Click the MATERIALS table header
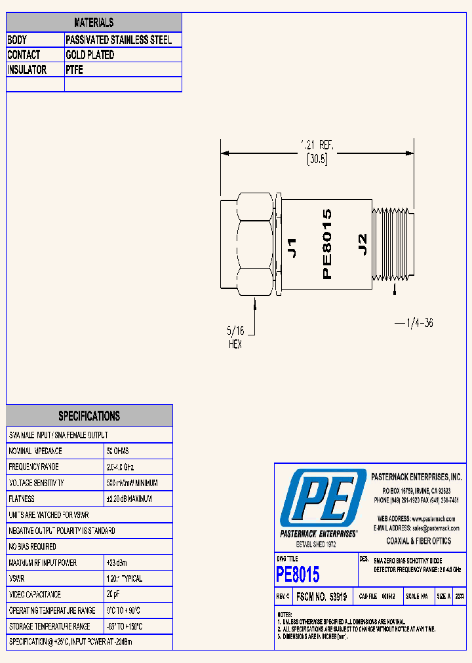94,22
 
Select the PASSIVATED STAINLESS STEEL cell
119,40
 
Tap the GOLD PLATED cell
90,55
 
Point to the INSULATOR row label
27,70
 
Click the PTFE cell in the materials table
75,70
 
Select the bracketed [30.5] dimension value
317,159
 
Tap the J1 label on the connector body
293,247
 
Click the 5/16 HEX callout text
235,338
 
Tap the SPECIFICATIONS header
89,416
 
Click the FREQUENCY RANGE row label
33,467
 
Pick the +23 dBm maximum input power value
119,563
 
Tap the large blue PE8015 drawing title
298,575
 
